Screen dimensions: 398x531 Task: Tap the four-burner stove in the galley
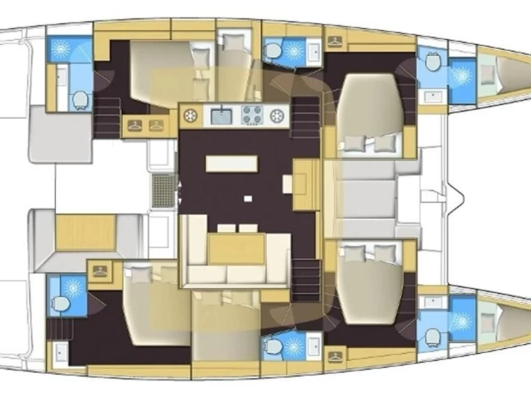coord(251,115)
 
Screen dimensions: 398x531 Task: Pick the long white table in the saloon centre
coord(231,162)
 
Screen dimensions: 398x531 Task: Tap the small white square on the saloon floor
coord(247,198)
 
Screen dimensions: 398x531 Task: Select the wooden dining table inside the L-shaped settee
coord(237,249)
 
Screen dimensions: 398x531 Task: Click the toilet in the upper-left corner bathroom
coord(80,100)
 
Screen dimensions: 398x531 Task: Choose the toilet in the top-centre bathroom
coord(273,50)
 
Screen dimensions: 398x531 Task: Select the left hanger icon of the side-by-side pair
coord(135,126)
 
